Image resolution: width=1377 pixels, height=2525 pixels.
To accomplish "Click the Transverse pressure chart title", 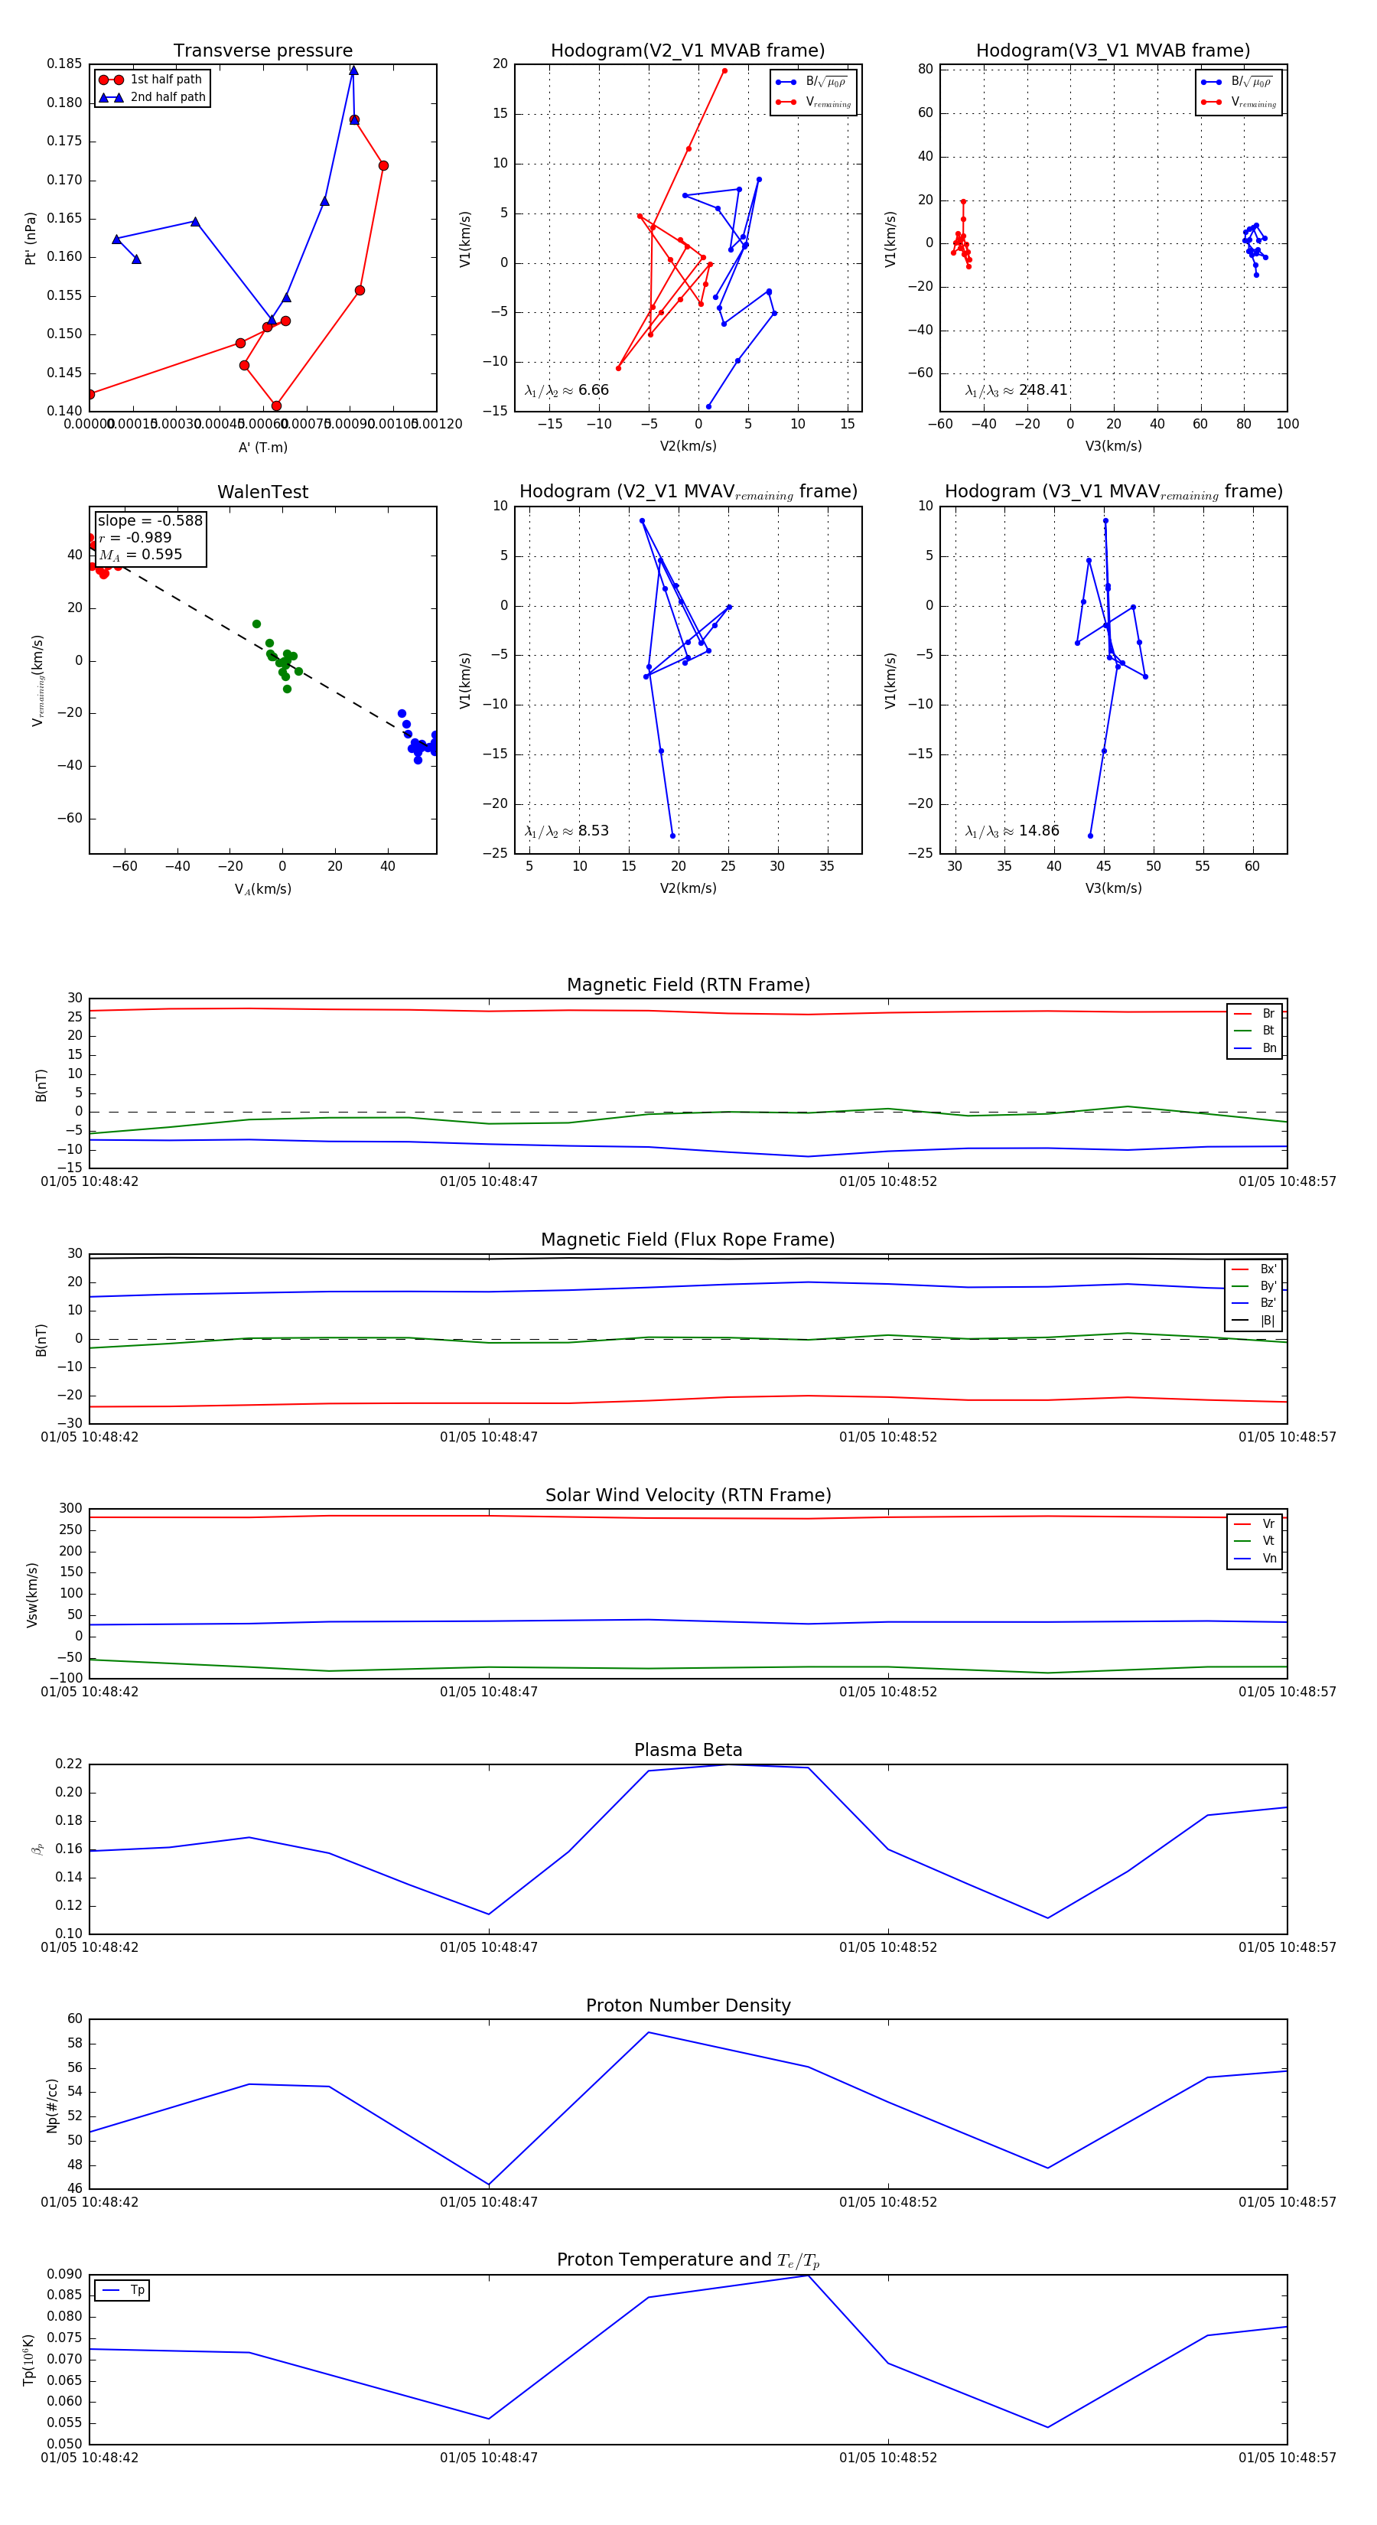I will (262, 51).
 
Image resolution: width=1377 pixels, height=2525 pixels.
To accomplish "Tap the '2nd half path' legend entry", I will (168, 97).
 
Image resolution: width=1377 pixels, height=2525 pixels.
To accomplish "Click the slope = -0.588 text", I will (150, 520).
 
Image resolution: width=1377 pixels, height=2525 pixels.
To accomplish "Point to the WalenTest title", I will (262, 492).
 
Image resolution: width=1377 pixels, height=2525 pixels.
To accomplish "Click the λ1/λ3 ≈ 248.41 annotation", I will (1017, 390).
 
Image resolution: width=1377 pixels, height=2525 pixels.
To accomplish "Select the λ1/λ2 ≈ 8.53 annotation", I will (566, 831).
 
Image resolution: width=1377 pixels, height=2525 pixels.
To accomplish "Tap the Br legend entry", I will (1268, 1014).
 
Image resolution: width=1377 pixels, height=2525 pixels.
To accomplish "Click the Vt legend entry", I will (1268, 1541).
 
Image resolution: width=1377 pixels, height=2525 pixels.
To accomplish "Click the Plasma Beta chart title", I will (688, 1750).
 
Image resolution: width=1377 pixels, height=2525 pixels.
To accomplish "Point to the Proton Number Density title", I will (688, 2005).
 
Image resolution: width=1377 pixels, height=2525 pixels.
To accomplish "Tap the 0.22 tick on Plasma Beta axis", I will (69, 1764).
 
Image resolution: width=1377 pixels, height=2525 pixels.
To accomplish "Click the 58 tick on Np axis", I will (74, 2044).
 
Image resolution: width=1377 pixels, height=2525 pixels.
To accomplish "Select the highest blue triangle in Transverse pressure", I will (353, 70).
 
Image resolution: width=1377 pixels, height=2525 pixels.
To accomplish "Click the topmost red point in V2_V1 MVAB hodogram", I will (724, 70).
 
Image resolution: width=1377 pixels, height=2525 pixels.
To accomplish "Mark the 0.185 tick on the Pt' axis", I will (65, 64).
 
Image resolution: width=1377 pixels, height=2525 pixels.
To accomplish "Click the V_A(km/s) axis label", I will (262, 889).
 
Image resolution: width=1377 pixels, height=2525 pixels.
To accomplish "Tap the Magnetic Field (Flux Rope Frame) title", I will (688, 1240).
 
